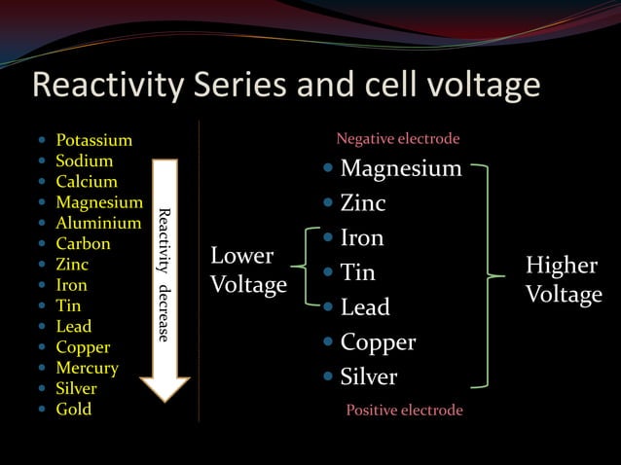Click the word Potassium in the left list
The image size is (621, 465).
coord(93,140)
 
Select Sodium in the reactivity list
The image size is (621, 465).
coord(84,161)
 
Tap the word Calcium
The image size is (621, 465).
coord(86,181)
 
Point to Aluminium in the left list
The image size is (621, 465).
coord(98,223)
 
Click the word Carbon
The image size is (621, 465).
coord(83,243)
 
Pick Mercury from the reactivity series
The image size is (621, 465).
coord(87,368)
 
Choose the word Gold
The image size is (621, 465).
coord(73,409)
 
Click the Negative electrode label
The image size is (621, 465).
coord(397,139)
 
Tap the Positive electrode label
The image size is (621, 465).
coord(404,410)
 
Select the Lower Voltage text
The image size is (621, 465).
coord(248,270)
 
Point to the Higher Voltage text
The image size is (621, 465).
coord(564,280)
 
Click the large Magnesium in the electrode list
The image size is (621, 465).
coord(400,169)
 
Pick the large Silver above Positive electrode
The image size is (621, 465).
coord(368,376)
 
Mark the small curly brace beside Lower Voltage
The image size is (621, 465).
coord(310,271)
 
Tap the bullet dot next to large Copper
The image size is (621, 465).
coord(330,342)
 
